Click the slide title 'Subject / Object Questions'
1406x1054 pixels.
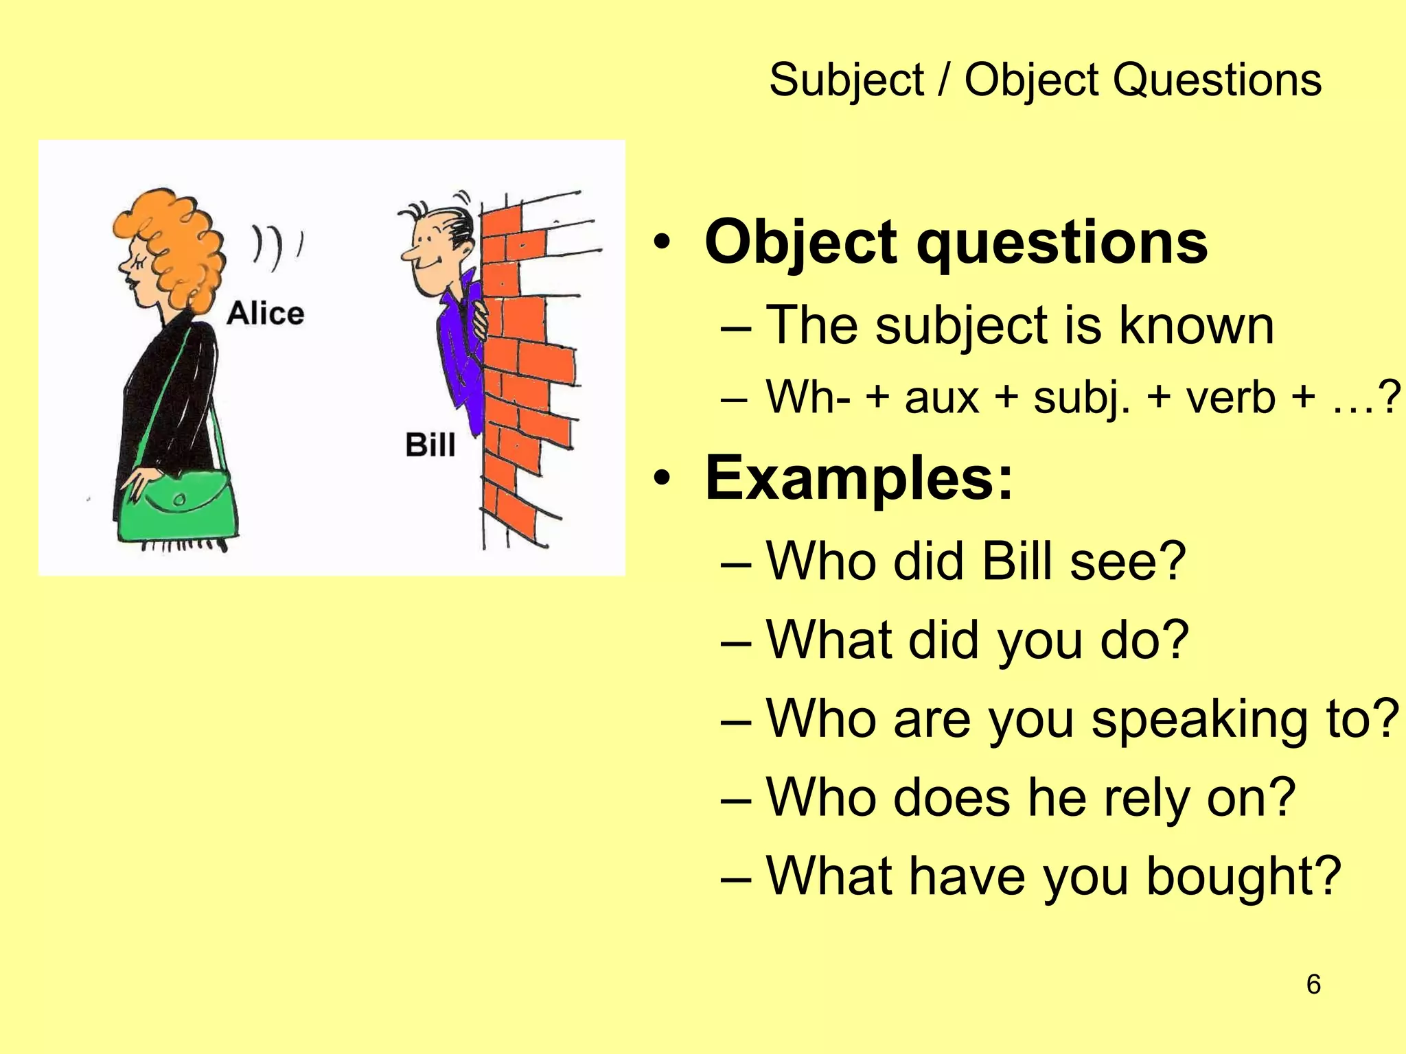tap(1045, 80)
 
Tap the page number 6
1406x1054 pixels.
tap(1313, 984)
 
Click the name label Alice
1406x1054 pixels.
tap(266, 314)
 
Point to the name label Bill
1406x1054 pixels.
tap(430, 445)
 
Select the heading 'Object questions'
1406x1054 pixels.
tap(956, 242)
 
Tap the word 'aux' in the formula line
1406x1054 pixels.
tap(941, 397)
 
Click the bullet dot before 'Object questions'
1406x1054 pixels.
tap(661, 243)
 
